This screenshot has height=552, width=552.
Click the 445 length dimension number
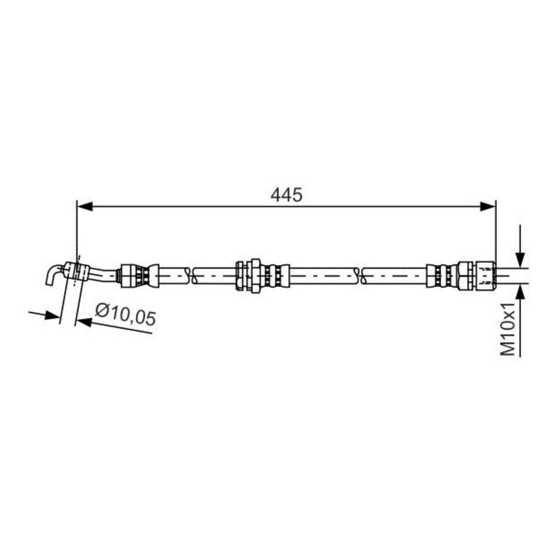point(286,195)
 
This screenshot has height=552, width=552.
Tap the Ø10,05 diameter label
point(126,315)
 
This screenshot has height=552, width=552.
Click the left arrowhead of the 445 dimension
point(84,206)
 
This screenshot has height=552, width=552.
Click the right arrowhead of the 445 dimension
point(488,206)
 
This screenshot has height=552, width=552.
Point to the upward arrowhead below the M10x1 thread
point(520,293)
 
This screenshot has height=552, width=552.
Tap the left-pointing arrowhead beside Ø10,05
point(83,321)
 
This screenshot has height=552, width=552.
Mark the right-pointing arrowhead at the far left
point(52,315)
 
